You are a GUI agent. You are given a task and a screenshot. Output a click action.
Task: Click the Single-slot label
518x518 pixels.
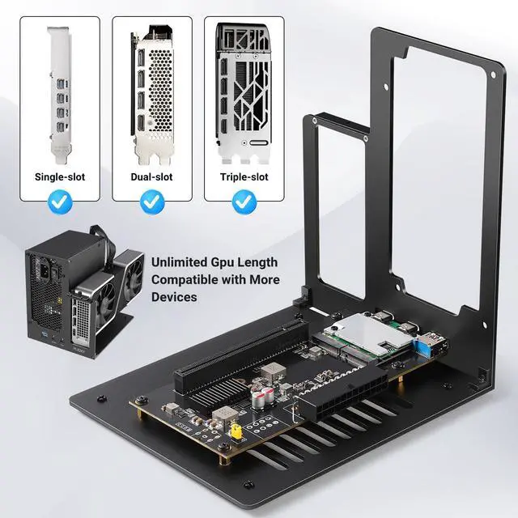point(59,176)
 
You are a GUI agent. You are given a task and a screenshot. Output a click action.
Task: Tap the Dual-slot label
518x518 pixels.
point(151,176)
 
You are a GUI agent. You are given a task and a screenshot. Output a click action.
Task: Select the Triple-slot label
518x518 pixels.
point(244,176)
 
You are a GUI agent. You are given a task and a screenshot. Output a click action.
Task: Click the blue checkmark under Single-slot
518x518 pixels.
point(59,202)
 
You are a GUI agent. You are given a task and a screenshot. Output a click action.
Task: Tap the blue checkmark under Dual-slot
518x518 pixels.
point(151,202)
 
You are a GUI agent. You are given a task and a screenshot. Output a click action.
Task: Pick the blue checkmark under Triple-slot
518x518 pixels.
point(244,202)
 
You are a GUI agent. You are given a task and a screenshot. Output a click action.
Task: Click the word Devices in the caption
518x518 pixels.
point(176,298)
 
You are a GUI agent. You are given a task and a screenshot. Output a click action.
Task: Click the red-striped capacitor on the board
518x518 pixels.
point(261,397)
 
